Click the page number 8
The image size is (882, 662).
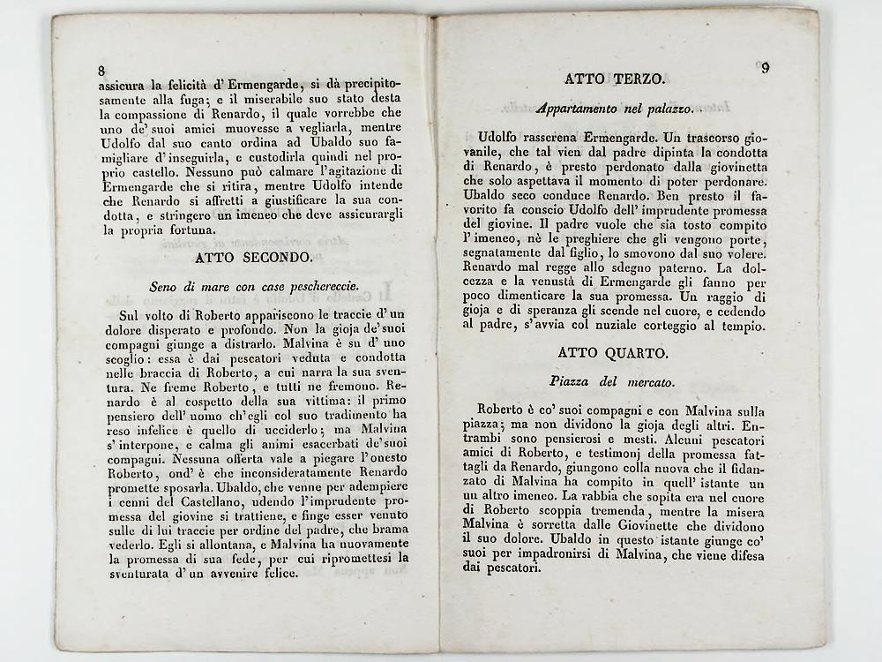pos(101,71)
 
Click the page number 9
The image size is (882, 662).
pos(764,68)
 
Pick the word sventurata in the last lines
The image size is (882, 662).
pos(133,573)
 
